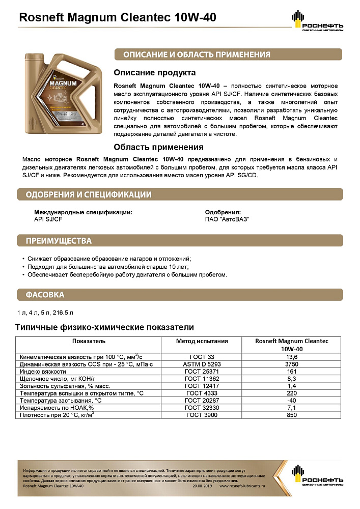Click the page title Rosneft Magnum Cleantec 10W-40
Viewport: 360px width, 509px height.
[117, 18]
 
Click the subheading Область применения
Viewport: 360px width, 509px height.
[158, 148]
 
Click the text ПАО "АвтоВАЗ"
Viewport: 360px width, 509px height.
[227, 219]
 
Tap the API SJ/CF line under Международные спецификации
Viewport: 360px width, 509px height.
[48, 219]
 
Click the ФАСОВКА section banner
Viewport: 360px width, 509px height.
[45, 295]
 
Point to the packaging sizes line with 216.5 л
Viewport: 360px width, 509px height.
[48, 312]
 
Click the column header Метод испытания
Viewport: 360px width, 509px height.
[202, 341]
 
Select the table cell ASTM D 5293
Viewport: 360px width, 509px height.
[202, 364]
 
